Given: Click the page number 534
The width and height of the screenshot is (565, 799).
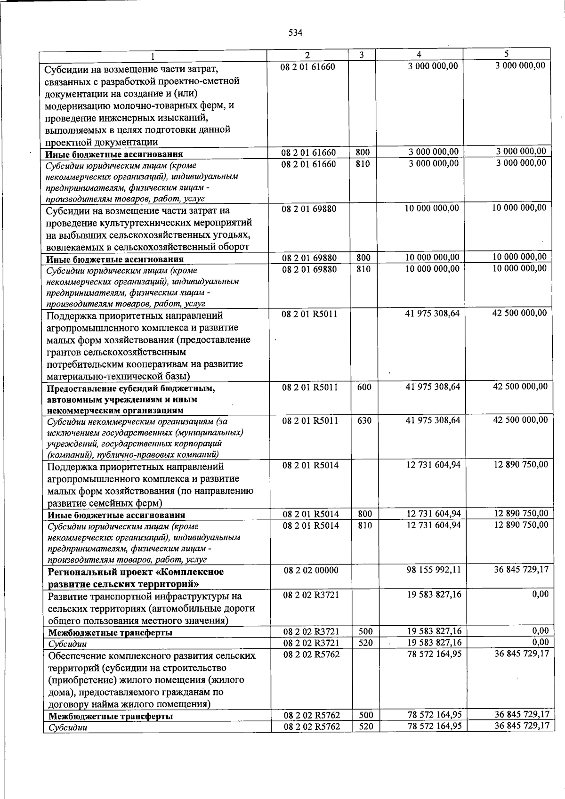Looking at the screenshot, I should [295, 32].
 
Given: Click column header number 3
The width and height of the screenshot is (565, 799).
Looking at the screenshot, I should [361, 55].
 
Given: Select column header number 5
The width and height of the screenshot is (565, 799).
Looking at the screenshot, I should [506, 54].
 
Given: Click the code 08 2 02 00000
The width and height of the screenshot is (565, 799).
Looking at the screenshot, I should [311, 570].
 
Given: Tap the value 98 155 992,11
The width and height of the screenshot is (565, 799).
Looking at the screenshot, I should [434, 570].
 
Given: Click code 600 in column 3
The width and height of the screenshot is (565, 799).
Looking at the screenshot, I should [364, 387].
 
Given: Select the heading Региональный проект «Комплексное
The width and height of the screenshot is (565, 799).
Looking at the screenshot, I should [136, 572].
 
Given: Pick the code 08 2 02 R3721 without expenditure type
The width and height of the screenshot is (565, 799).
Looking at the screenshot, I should [311, 595].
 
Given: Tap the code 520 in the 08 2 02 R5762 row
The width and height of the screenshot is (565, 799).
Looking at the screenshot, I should [366, 726].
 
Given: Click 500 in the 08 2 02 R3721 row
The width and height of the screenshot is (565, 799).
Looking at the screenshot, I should [365, 631].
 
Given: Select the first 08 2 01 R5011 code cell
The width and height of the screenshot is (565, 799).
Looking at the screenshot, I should [309, 314].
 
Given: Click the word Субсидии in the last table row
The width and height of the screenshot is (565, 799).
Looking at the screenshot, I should [68, 727].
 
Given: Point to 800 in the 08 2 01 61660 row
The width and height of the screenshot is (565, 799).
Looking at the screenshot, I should [363, 153].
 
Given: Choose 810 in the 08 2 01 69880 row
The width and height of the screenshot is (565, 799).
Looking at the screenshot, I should [363, 269].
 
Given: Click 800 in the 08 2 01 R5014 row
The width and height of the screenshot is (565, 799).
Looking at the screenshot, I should [364, 514].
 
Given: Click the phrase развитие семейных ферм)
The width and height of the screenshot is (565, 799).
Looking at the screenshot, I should [105, 503].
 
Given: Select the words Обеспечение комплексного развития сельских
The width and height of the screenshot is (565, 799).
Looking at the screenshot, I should [152, 655].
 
